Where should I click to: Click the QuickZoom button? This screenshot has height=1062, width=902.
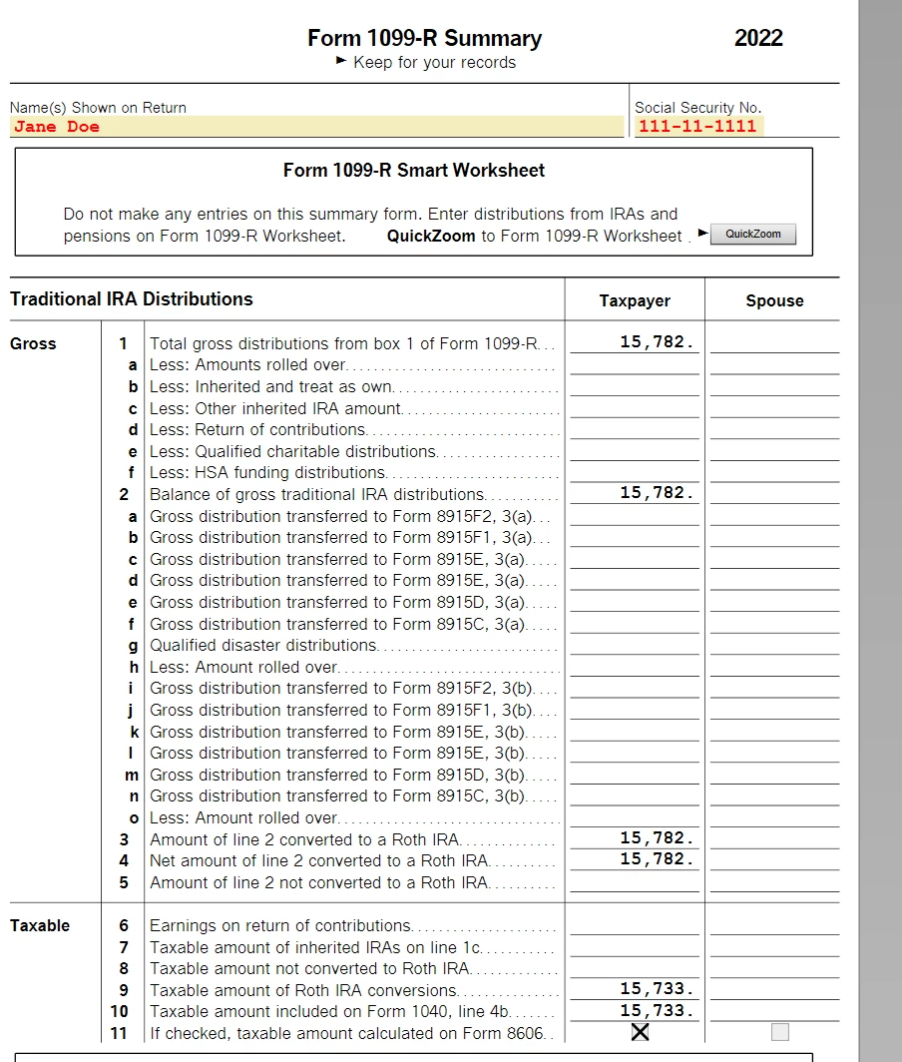tap(753, 235)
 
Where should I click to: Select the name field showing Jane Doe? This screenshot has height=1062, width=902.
tap(316, 127)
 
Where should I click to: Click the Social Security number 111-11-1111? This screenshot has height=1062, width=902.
tap(697, 127)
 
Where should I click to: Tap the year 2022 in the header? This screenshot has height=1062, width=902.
tap(758, 39)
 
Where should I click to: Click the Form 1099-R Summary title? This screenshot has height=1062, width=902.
tap(424, 39)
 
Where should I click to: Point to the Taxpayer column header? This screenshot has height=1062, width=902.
tap(635, 300)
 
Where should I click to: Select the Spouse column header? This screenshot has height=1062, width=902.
tap(774, 300)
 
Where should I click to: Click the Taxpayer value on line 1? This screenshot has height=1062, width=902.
tap(656, 342)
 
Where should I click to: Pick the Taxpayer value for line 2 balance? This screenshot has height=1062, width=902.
tap(656, 493)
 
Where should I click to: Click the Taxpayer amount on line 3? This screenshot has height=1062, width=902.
tap(656, 838)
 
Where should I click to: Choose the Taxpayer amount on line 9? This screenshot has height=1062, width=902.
tap(656, 989)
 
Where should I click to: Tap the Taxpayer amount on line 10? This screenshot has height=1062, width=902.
tap(656, 1010)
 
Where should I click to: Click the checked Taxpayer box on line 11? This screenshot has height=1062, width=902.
tap(641, 1032)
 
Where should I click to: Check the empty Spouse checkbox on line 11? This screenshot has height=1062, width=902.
tap(779, 1032)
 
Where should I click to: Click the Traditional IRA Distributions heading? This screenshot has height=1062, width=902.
tap(132, 299)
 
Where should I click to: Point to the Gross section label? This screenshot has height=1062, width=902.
tap(33, 344)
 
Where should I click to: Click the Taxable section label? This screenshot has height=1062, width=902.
tap(40, 925)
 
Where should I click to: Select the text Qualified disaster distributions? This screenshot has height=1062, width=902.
tap(263, 646)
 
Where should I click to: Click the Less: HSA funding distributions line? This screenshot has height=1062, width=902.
tap(267, 473)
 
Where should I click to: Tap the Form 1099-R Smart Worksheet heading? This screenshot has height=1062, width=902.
tap(414, 171)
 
